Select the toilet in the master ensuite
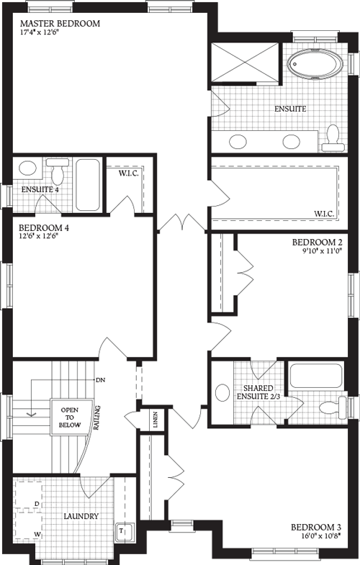(331, 136)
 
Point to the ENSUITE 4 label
(40, 190)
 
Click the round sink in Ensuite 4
(28, 169)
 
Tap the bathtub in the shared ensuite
(315, 376)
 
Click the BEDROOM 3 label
(320, 526)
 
